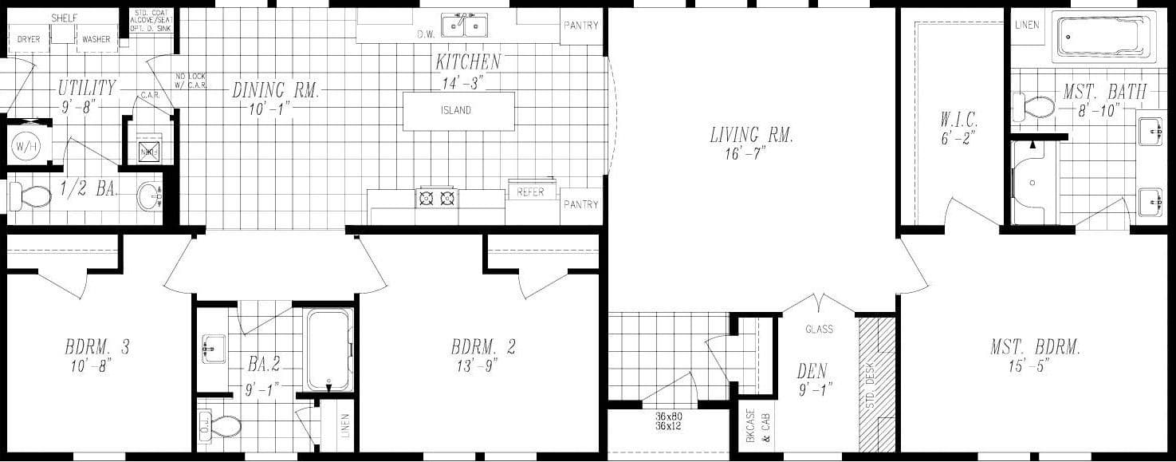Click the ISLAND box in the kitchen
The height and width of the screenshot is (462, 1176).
(x=458, y=111)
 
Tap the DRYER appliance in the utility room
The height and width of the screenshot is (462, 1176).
(x=29, y=38)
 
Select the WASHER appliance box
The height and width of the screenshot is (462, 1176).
(x=96, y=38)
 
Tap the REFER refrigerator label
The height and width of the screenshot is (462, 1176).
(x=530, y=192)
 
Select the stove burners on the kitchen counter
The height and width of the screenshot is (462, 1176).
(x=437, y=197)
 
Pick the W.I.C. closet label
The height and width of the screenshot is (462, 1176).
(x=958, y=121)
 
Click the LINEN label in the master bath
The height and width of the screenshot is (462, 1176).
(x=1027, y=25)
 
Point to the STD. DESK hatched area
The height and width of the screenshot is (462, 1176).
(x=876, y=385)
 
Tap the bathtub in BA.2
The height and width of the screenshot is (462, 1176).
(x=329, y=349)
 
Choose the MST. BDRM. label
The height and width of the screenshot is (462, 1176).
(x=1035, y=347)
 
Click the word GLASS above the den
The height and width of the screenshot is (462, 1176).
(x=819, y=329)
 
